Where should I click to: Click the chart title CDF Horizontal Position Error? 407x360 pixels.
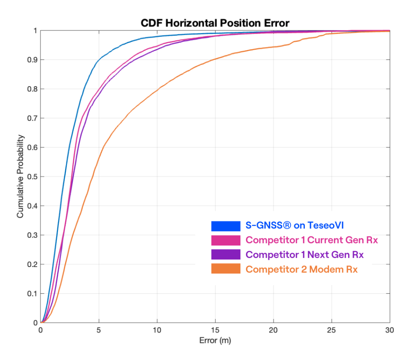point(215,23)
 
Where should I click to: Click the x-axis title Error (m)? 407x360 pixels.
point(215,341)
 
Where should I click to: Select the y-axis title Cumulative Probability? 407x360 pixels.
point(20,176)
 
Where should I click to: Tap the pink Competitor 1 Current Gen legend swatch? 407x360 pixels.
point(226,240)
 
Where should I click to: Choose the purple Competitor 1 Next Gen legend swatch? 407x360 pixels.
point(226,255)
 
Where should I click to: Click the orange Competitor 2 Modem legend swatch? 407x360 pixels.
point(226,269)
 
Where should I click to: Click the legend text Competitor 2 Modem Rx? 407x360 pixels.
point(302,269)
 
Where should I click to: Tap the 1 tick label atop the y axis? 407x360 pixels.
point(35,31)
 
